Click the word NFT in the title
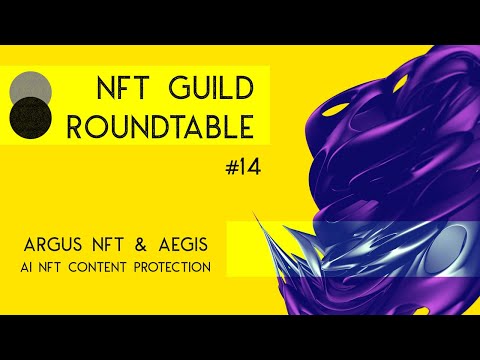[x=124, y=87]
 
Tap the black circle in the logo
[x=30, y=121]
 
